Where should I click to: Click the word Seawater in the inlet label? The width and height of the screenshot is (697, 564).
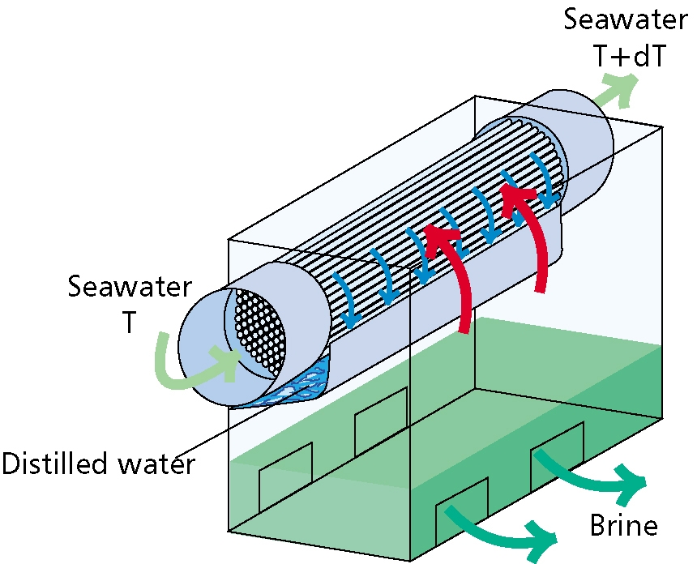coord(130,287)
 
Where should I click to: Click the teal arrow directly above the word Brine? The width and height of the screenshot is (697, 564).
coord(600,475)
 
